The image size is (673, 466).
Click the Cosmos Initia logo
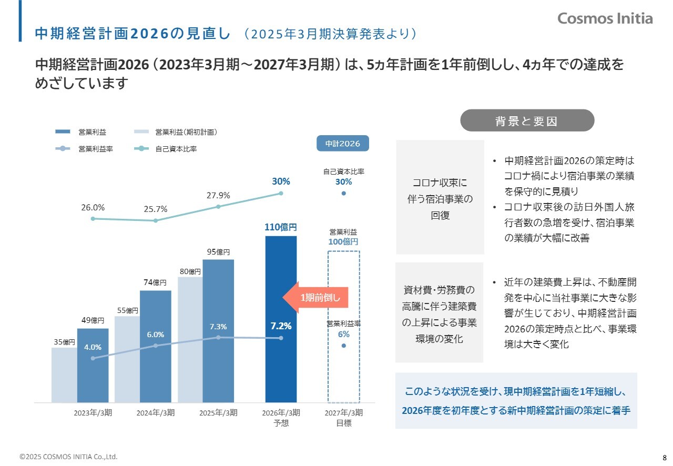605,18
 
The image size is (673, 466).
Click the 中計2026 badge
342,144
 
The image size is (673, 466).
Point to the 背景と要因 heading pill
527,120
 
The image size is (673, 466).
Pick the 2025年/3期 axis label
218,413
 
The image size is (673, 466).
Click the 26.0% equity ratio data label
93,208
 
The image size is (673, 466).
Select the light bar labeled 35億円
64,373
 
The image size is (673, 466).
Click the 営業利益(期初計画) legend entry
186,132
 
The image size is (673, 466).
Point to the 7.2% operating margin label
281,326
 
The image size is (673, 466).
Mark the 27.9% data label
218,196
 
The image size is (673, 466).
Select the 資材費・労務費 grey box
439,312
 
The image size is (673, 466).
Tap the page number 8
665,457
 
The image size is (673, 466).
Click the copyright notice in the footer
68,457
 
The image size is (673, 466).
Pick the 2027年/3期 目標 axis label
344,418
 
